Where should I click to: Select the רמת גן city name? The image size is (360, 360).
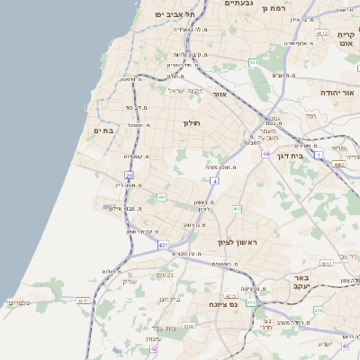click(x=274, y=8)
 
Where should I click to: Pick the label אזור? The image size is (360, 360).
click(x=246, y=93)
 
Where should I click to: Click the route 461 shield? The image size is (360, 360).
click(x=254, y=62)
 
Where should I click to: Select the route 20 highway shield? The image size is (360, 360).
click(x=130, y=175)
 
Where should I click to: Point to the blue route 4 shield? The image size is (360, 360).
click(x=215, y=182)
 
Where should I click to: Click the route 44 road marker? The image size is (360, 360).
click(x=266, y=154)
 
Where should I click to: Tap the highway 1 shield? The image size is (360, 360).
click(x=319, y=156)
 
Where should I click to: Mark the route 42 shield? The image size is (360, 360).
click(x=154, y=348)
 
